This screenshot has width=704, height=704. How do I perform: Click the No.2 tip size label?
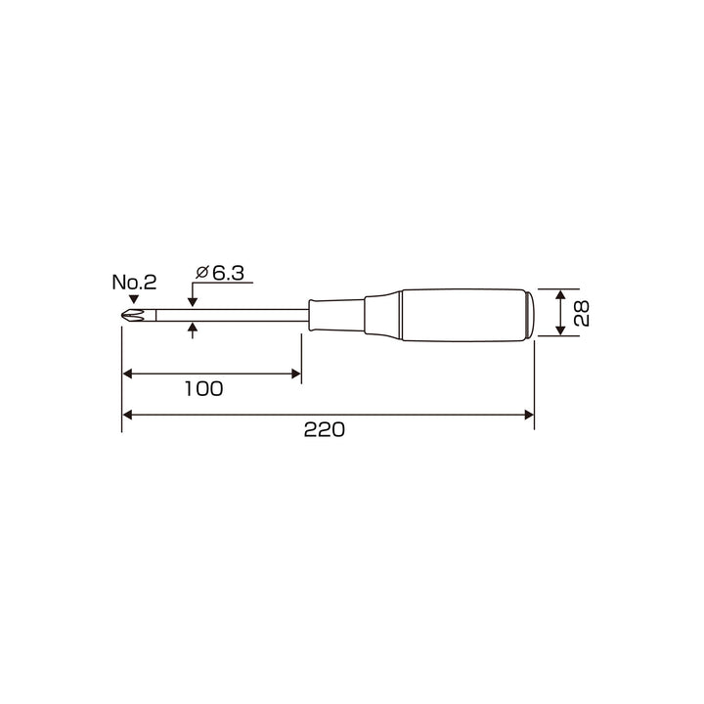[134, 283]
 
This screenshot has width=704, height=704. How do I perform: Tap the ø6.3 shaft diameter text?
[220, 273]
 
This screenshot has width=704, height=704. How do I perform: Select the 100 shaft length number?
[203, 389]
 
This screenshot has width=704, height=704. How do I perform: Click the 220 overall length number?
[325, 429]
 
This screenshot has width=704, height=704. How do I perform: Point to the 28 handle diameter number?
[582, 313]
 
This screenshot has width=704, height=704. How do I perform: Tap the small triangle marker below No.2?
[133, 299]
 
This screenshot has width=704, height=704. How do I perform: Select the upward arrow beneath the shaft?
[193, 330]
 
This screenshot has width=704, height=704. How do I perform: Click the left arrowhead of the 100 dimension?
[127, 374]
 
